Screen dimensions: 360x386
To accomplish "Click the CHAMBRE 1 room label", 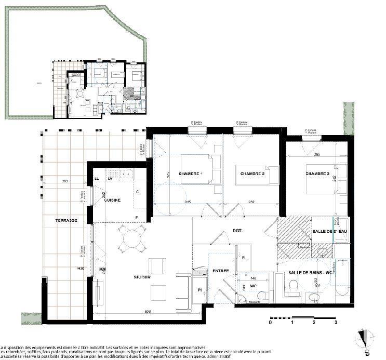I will (x=190, y=174).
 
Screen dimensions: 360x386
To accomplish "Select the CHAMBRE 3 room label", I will (x=317, y=174).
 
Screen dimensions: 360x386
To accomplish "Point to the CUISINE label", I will (x=113, y=200).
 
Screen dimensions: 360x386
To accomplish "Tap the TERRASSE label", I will (x=66, y=221).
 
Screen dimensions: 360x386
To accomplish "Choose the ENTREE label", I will (x=221, y=271).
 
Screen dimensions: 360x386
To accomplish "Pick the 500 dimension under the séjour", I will (x=148, y=312).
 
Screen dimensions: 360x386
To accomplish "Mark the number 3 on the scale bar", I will (x=336, y=322).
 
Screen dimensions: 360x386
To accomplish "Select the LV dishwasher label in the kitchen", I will (x=110, y=179).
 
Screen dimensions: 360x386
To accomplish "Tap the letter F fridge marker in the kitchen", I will (x=137, y=217).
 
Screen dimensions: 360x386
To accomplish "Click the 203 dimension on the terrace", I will (x=64, y=181).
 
